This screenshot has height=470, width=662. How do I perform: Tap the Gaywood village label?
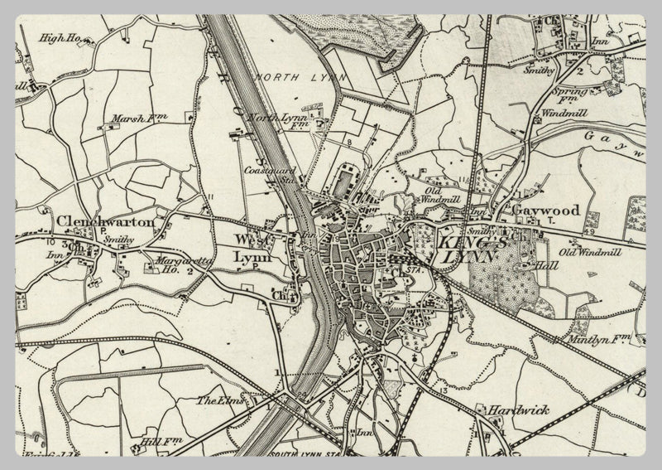tap(546, 211)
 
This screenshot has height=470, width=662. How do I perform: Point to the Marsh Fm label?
tap(134, 119)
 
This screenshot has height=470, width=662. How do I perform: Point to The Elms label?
tap(217, 401)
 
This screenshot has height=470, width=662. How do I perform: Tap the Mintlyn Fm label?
tap(592, 339)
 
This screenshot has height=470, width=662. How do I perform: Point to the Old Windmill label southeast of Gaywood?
tap(590, 251)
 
